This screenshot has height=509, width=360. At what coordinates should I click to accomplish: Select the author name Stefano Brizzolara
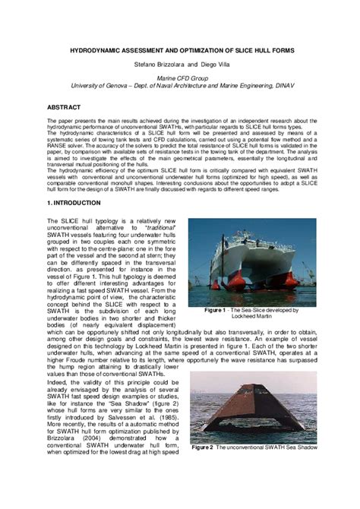pos(157,65)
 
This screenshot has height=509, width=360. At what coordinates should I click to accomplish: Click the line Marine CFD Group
pos(179,79)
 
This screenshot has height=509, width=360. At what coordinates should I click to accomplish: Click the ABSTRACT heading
pos(66,108)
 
